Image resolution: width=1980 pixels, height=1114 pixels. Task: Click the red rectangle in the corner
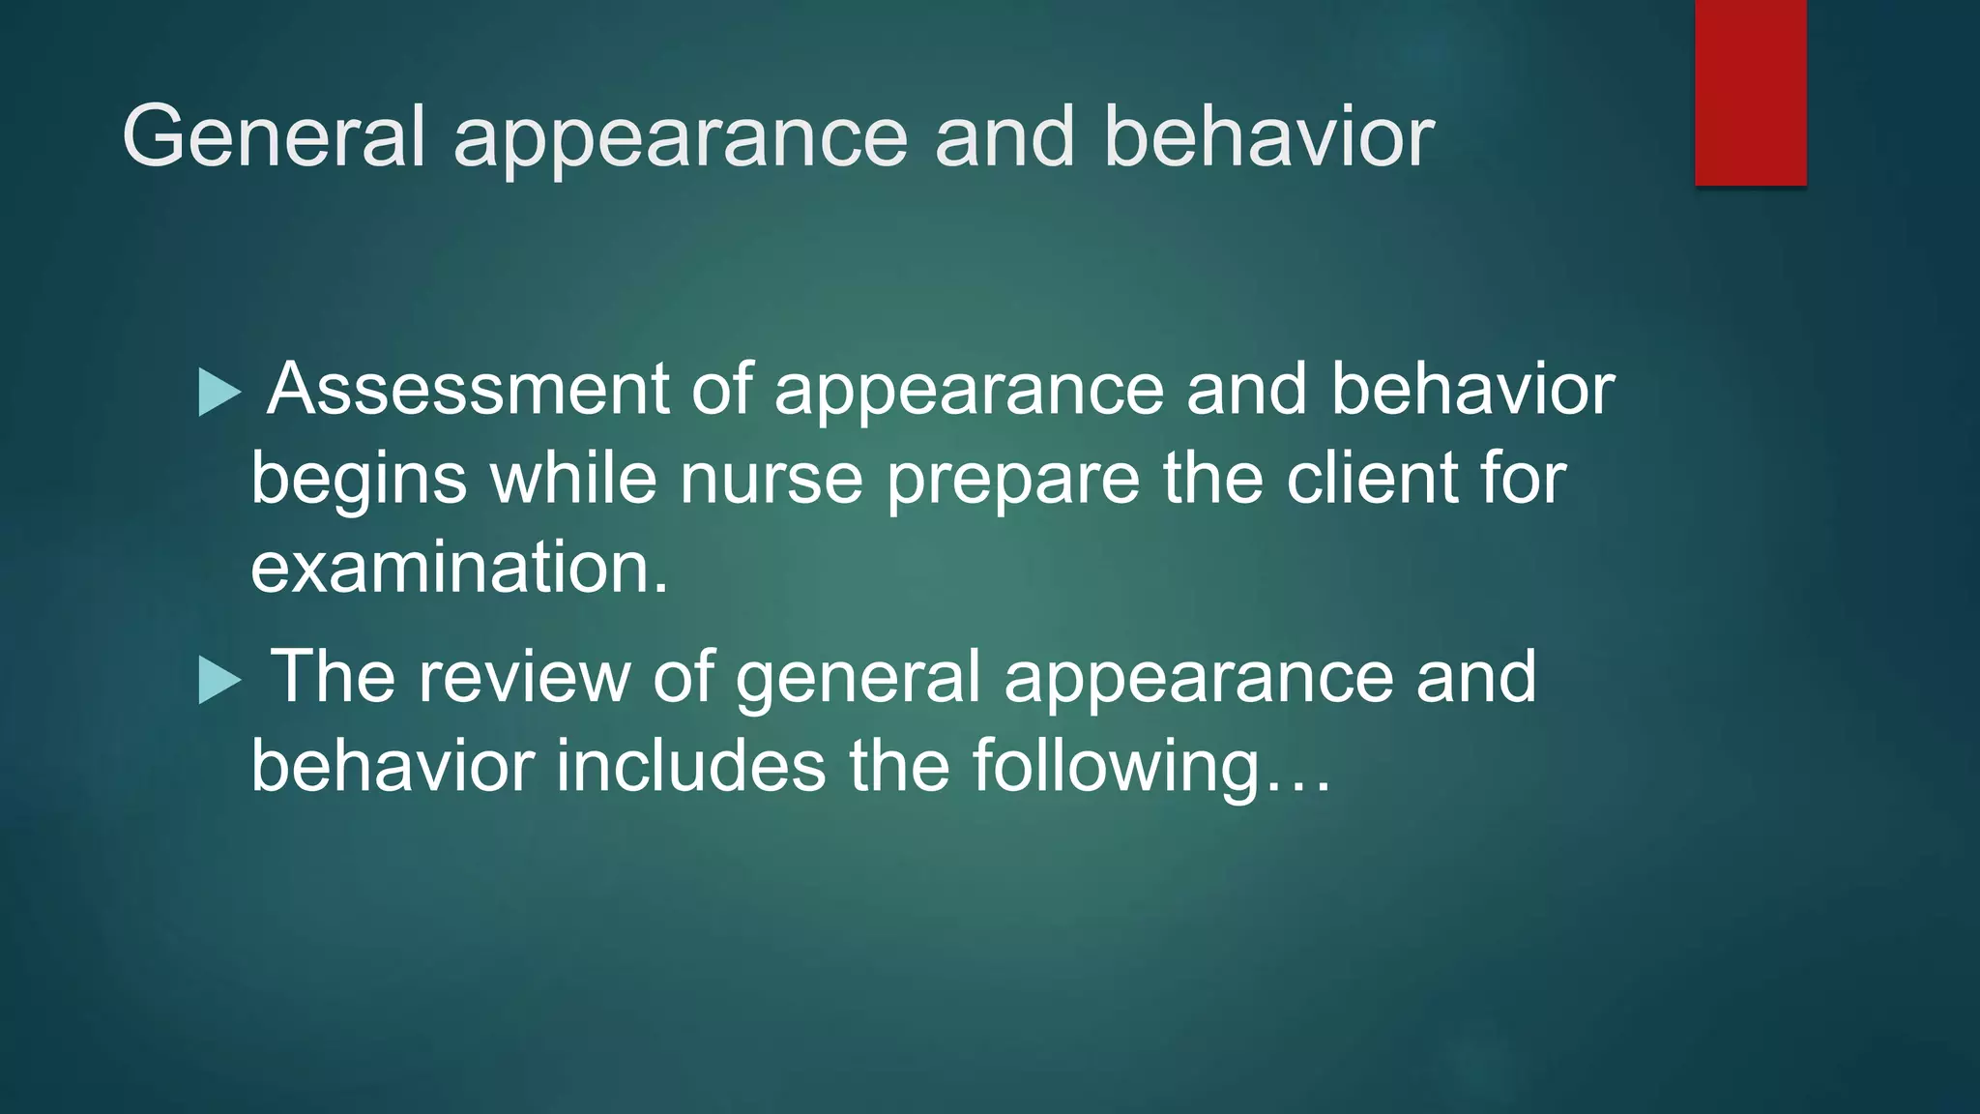click(1750, 93)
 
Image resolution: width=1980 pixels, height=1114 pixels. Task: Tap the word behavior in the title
click(1268, 137)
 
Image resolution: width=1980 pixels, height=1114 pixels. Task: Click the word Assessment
click(468, 389)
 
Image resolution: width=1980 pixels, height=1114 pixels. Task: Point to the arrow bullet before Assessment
click(218, 393)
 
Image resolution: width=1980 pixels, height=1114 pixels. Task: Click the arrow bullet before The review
click(218, 680)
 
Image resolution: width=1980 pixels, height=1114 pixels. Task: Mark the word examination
click(459, 568)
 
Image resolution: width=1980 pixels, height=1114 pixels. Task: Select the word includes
click(690, 766)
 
